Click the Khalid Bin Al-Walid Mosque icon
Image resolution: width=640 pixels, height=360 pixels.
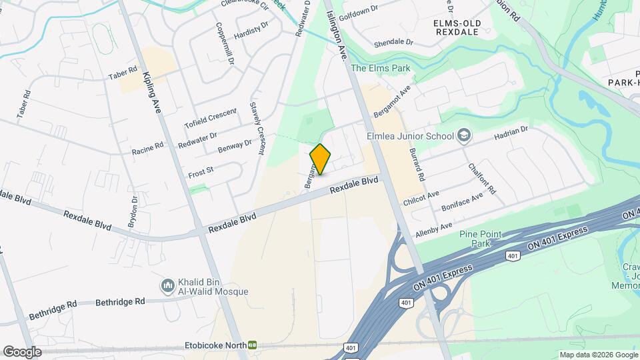(x=168, y=287)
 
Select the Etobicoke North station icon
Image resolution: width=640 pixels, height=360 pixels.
(x=253, y=345)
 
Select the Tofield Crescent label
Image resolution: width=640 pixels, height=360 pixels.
(x=210, y=119)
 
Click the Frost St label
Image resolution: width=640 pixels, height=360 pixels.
(x=201, y=171)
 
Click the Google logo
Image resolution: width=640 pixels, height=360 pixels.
(x=22, y=351)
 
